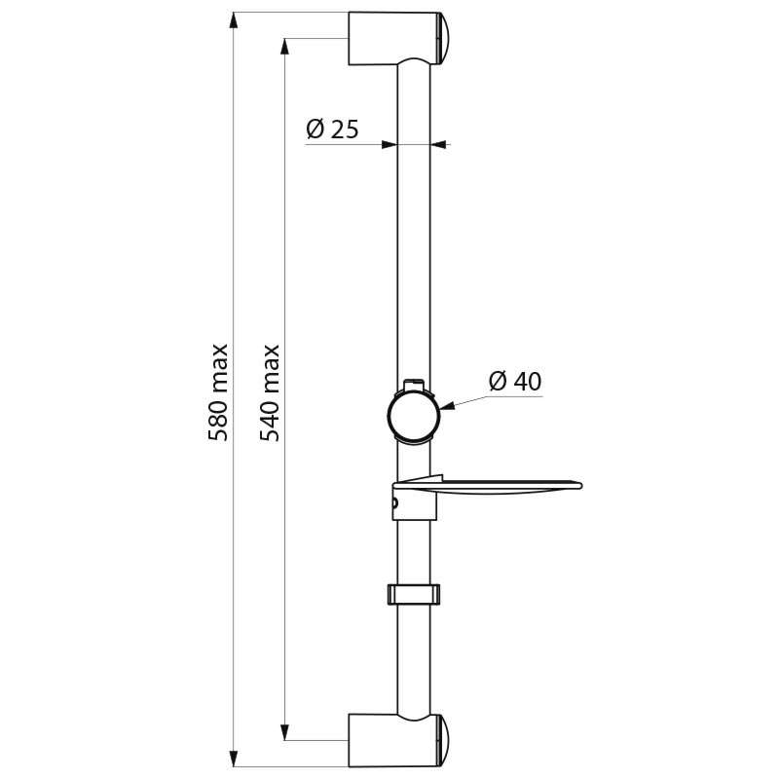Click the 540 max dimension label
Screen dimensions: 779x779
coord(271,391)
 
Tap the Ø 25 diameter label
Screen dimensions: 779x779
coord(332,129)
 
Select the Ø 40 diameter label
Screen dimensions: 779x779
coord(514,381)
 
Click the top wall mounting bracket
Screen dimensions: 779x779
coord(389,38)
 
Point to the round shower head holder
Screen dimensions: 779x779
coord(414,416)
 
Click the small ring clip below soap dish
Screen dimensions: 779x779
coord(414,593)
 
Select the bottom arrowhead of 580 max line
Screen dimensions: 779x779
coord(234,757)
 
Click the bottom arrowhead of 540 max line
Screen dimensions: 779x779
coord(285,730)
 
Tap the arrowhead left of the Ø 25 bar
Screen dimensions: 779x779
coord(389,144)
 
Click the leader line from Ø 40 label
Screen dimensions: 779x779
coord(463,399)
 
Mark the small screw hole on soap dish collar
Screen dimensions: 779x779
coord(395,504)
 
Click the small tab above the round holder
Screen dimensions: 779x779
coord(413,384)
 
